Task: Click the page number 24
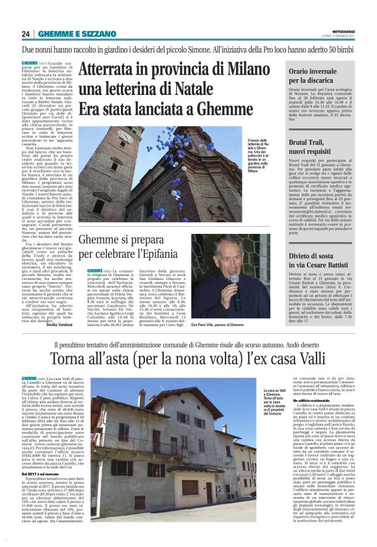click(x=25, y=34)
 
